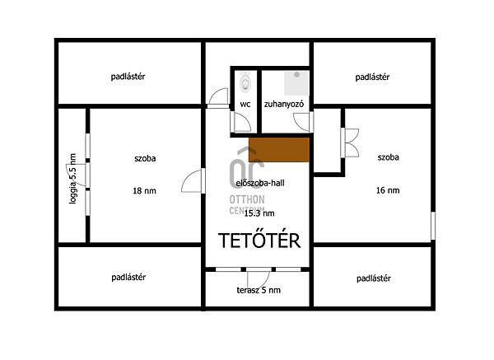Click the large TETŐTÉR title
click(x=259, y=241)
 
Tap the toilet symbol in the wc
click(x=245, y=82)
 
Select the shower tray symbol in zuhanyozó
click(x=296, y=83)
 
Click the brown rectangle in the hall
click(x=279, y=150)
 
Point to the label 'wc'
click(x=245, y=105)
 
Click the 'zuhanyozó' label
click(x=284, y=105)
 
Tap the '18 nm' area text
click(x=144, y=191)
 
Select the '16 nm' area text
click(x=388, y=190)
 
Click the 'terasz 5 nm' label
click(x=259, y=290)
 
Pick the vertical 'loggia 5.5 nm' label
click(x=72, y=179)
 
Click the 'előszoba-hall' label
click(x=260, y=183)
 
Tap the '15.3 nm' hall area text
click(x=259, y=213)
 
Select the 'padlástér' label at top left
click(x=128, y=77)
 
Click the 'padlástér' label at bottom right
click(x=374, y=278)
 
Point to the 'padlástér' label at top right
click(x=372, y=77)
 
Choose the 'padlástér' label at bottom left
click(x=128, y=278)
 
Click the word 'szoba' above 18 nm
click(x=145, y=158)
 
